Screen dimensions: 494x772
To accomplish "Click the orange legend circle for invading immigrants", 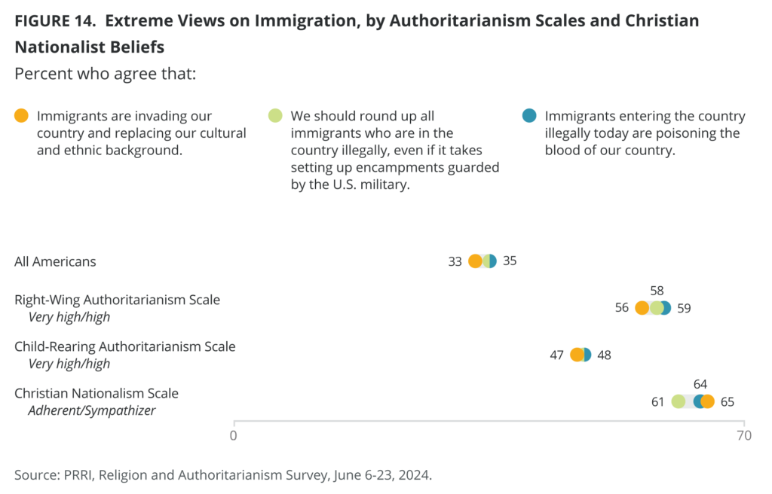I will (22, 116).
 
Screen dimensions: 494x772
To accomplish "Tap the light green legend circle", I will (276, 116).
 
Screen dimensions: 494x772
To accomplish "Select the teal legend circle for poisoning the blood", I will (530, 116).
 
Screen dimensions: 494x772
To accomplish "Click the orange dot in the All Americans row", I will (475, 261).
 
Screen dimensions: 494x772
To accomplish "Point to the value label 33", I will (455, 261).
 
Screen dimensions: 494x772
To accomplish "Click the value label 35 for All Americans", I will (510, 261).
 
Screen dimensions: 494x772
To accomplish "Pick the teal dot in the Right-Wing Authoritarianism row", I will (664, 308).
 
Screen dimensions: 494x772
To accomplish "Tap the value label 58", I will (657, 291).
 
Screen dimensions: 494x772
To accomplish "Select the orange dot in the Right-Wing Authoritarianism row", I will (642, 308).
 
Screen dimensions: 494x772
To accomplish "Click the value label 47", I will (557, 355).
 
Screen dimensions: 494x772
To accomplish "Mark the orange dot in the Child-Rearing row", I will (577, 355).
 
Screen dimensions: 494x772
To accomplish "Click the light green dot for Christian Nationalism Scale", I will (679, 401).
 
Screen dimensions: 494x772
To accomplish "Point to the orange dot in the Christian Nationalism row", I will (707, 401).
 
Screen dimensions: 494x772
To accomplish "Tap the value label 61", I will (658, 401).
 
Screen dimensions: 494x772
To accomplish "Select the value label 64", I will (700, 384).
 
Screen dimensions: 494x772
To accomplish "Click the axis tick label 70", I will (744, 435).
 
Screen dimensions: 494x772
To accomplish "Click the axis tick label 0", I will (234, 435).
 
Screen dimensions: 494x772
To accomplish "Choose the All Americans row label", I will (55, 261).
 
